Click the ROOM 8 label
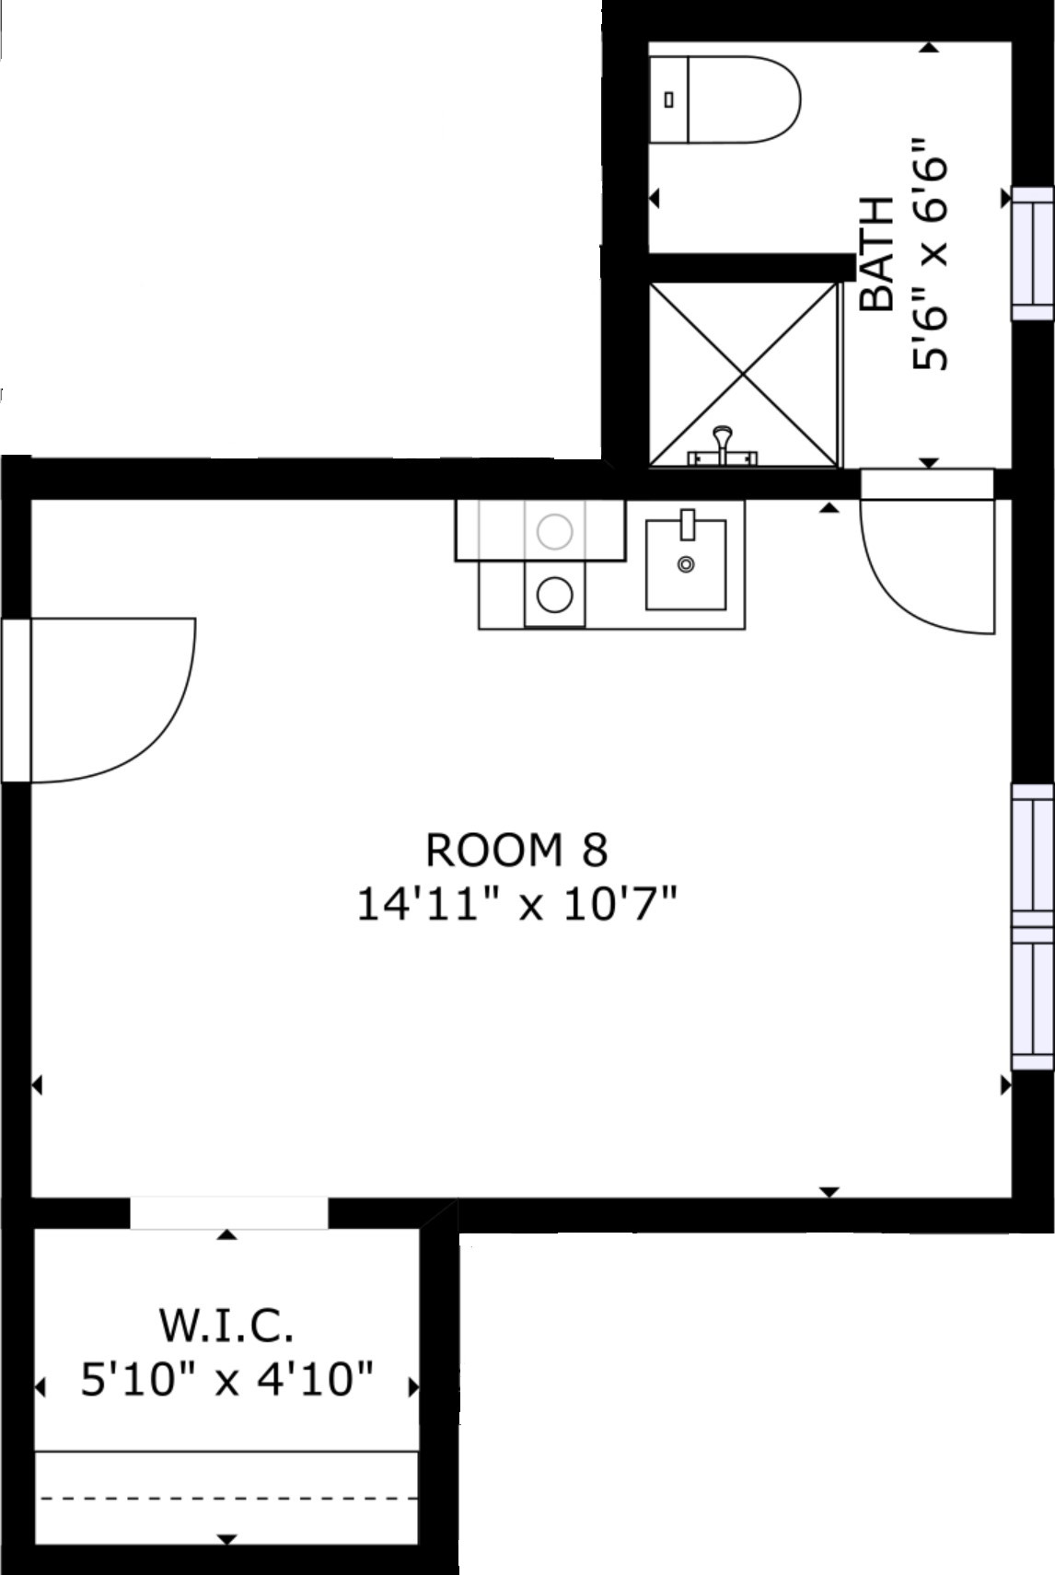(516, 850)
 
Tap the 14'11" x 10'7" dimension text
(517, 904)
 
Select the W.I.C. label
(226, 1326)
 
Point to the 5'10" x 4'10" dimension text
(226, 1380)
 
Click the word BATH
(876, 254)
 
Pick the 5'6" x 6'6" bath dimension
(930, 254)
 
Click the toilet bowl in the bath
(744, 99)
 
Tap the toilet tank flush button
(669, 99)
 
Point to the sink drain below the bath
(686, 564)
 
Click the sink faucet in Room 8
(687, 525)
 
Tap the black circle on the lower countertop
(554, 596)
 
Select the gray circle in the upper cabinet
(554, 531)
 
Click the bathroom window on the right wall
(1033, 253)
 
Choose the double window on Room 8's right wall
(1033, 927)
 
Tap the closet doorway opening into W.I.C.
(228, 1213)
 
